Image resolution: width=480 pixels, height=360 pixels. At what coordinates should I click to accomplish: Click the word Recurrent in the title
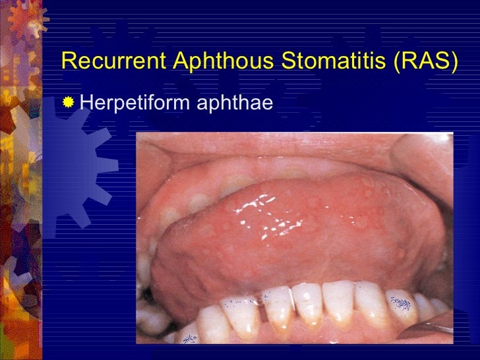click(112, 61)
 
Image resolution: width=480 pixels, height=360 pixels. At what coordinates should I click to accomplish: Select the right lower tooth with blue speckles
click(401, 306)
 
